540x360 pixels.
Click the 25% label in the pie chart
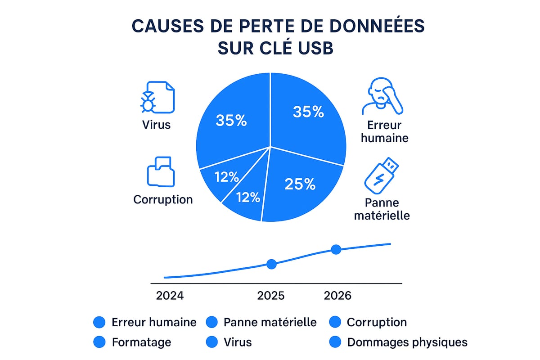point(300,184)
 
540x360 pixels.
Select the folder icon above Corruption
point(161,172)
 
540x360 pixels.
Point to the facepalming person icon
point(382,97)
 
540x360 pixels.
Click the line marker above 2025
point(271,264)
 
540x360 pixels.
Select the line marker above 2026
point(336,249)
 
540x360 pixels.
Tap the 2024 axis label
point(170,296)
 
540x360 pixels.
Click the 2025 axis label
point(271,296)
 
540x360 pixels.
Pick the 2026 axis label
point(337,296)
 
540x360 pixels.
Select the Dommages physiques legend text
point(407,342)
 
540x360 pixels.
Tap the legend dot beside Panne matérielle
point(211,322)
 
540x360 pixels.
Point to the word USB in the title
point(311,48)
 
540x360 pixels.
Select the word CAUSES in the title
point(169,26)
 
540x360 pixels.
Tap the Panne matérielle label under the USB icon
point(382,209)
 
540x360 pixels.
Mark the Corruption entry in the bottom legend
point(377,322)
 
